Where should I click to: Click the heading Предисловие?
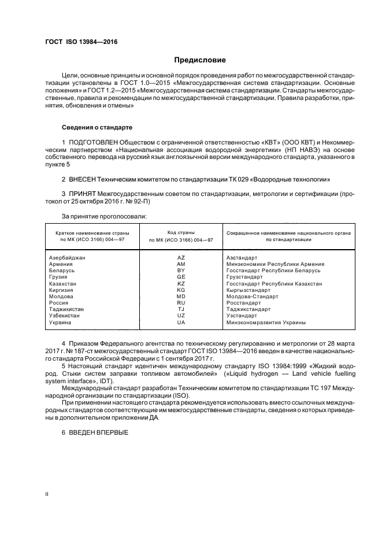pyautogui.click(x=200, y=60)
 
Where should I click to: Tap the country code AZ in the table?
pyautogui.click(x=181, y=257)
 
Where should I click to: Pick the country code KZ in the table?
pyautogui.click(x=181, y=283)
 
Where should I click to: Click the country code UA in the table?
pyautogui.click(x=181, y=323)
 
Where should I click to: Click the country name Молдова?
pyautogui.click(x=61, y=297)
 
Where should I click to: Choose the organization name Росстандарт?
pyautogui.click(x=244, y=303)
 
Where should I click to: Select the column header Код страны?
pyautogui.click(x=181, y=232)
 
